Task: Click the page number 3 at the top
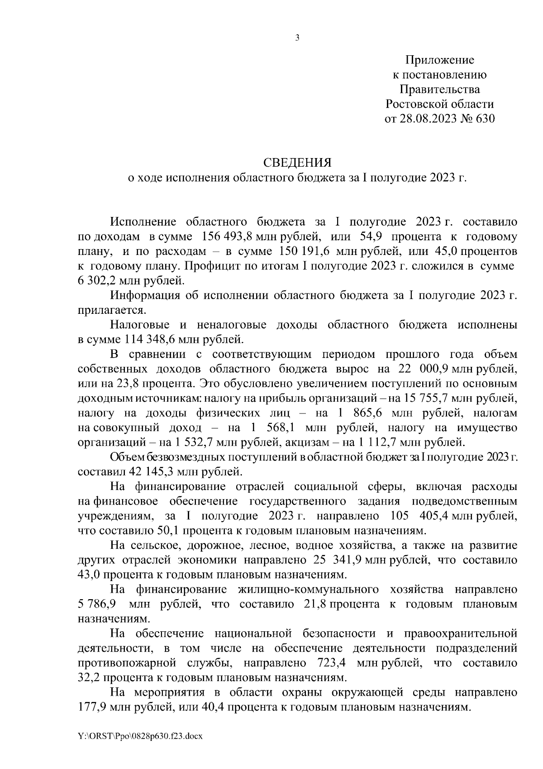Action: pos(297,38)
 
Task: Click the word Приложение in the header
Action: pos(439,60)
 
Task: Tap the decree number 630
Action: pos(483,119)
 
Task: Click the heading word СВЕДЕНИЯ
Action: pos(297,163)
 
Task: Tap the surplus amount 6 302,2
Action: pos(96,281)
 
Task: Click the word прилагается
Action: pos(112,310)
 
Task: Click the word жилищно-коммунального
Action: pos(308,589)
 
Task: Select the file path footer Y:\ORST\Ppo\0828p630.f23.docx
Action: pos(140,737)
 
